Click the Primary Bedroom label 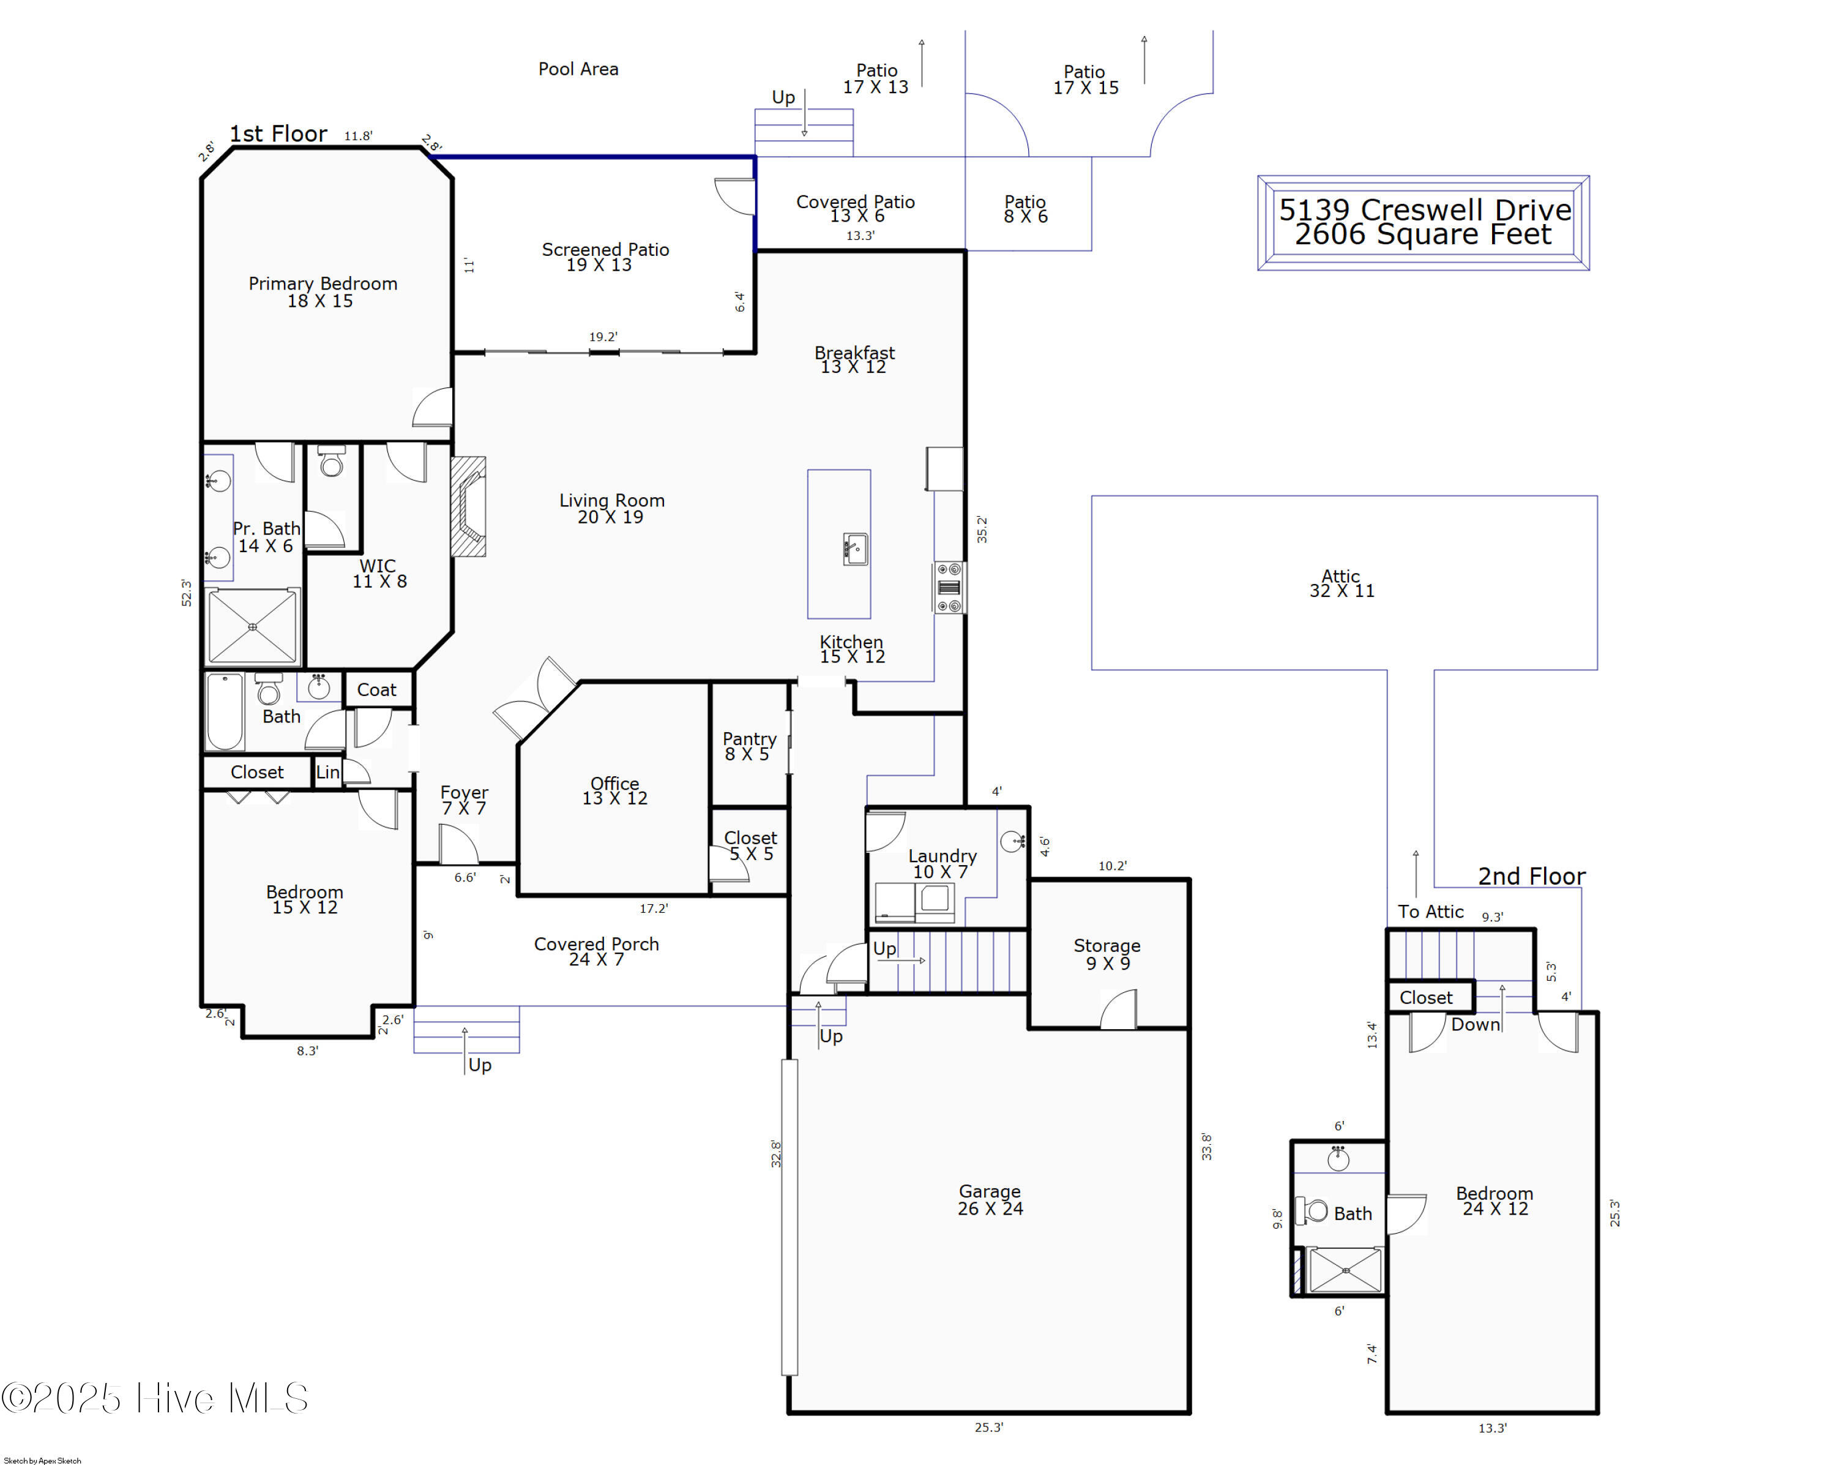322,291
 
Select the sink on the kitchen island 854,549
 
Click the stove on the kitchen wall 949,587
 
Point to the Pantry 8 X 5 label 748,746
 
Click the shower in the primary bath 252,627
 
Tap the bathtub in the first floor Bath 225,711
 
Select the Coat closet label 376,690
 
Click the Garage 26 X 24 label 990,1199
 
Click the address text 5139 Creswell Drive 1424,209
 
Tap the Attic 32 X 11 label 1342,583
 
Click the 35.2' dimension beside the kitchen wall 982,529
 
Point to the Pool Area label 578,69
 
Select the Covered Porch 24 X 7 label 596,951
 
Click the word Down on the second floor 1475,1025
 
